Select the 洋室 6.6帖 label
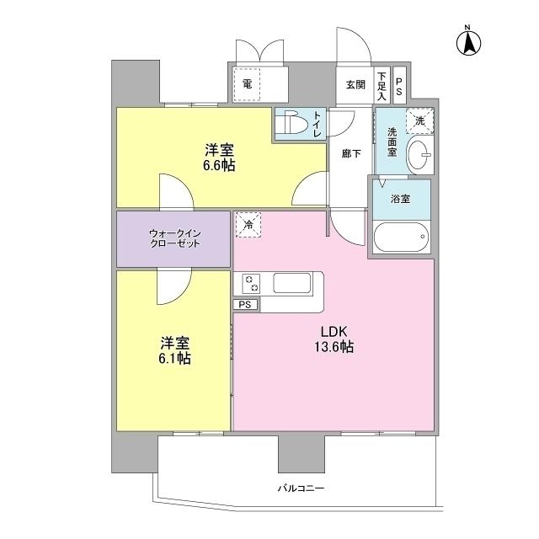click(x=218, y=158)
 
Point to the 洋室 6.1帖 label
click(x=174, y=351)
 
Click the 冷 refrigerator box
click(x=248, y=224)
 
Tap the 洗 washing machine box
click(x=419, y=120)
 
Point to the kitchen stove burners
click(x=250, y=284)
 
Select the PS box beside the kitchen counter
click(x=245, y=305)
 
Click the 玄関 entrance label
click(x=355, y=85)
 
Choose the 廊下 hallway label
click(x=350, y=154)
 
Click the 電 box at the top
click(x=247, y=84)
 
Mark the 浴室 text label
click(x=400, y=201)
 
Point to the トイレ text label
click(x=318, y=124)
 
